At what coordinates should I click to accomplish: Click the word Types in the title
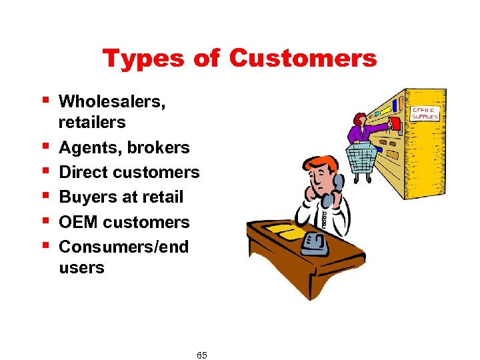coord(143,59)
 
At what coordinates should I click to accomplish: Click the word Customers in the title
coord(303,59)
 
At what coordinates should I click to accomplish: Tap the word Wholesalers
coord(112,102)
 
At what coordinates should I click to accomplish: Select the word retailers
coord(92,123)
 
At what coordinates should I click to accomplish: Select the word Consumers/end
coord(123,247)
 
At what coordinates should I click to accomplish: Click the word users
coord(81,268)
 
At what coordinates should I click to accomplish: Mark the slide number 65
coord(202,355)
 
